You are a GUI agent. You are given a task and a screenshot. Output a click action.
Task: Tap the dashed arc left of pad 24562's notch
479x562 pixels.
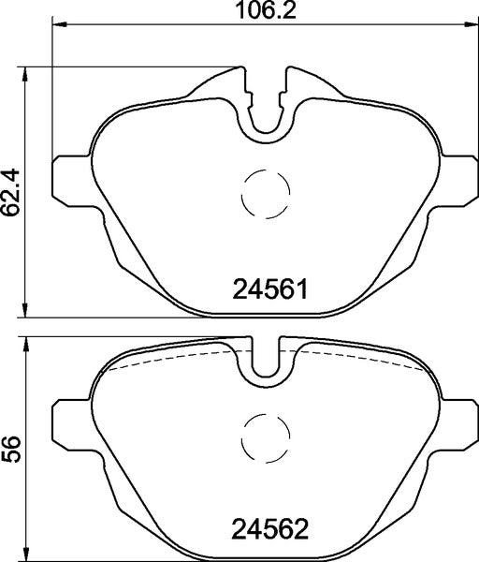tap(168, 359)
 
